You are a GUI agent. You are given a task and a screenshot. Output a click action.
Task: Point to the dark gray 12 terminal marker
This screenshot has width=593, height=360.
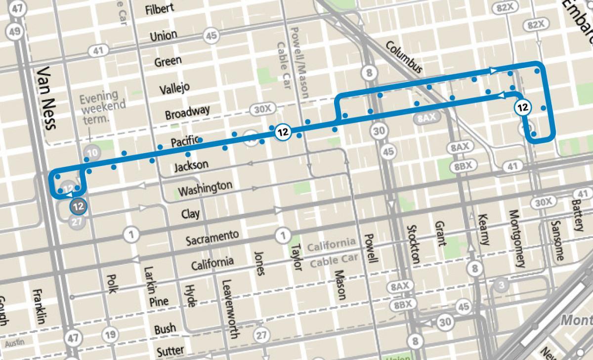[78, 206]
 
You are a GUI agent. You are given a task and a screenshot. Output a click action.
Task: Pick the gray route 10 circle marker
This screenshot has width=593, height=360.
[91, 153]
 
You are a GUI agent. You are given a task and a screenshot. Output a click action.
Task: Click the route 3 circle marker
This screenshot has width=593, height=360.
[501, 285]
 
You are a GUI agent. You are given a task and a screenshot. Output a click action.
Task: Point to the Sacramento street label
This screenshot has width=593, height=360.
[212, 238]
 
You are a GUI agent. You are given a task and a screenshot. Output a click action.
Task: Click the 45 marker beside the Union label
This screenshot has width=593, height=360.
[212, 36]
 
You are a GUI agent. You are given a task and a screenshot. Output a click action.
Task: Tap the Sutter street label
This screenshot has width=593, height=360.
[170, 351]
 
